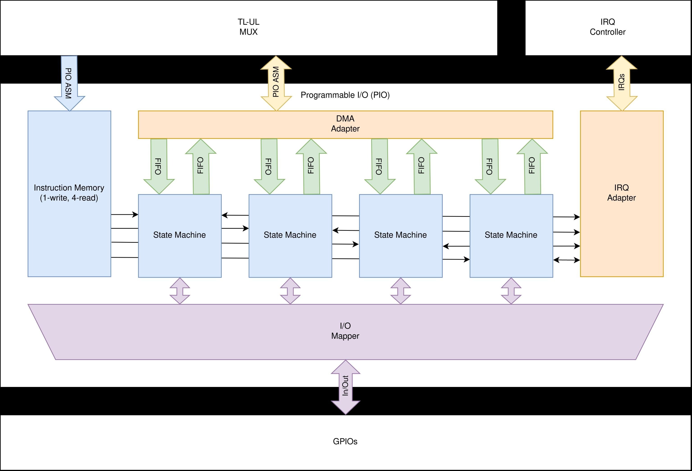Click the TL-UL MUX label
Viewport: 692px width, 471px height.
coord(248,27)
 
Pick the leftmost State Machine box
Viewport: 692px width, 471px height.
coord(180,235)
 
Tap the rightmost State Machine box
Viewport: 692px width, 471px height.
coord(511,235)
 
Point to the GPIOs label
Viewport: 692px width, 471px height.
coord(345,441)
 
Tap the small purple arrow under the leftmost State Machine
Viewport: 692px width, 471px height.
coord(180,291)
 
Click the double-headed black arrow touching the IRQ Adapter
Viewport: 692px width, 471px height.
coord(566,260)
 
